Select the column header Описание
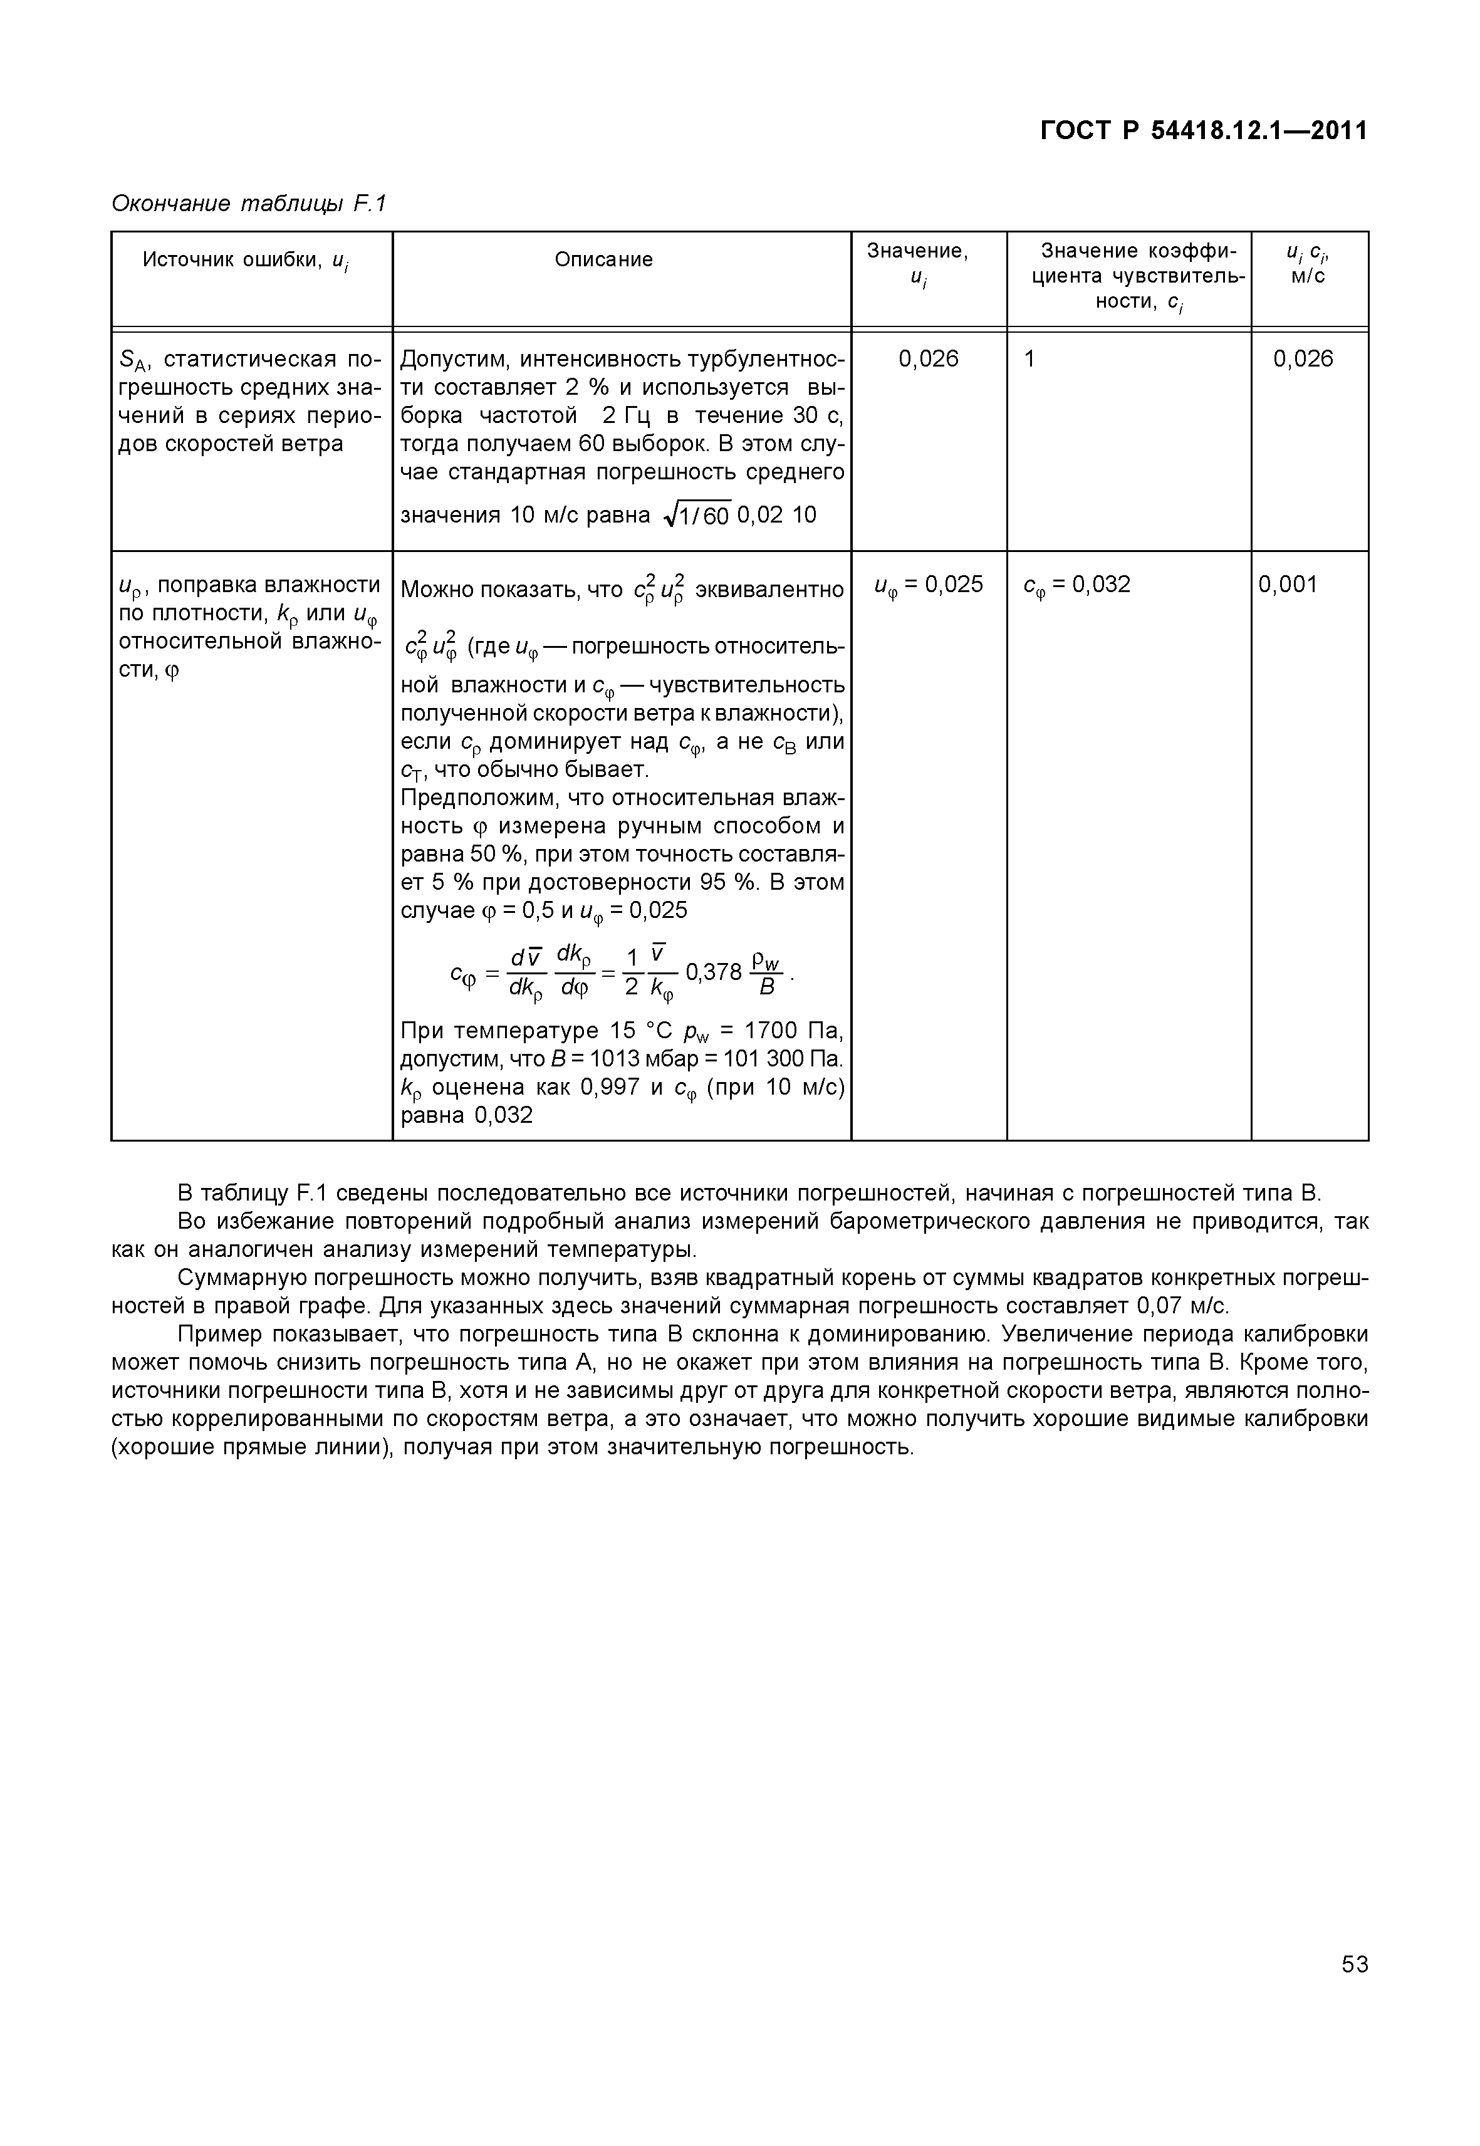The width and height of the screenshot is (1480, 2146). [603, 259]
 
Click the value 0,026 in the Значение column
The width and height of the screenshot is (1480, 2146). [928, 359]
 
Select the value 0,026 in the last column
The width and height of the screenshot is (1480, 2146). [1302, 359]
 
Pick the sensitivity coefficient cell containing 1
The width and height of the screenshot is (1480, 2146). [1029, 359]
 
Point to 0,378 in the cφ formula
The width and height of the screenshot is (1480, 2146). [713, 972]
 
